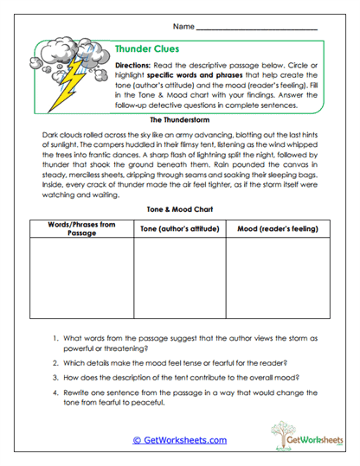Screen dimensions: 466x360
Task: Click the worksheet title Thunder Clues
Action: click(x=147, y=49)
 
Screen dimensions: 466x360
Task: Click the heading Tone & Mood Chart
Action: click(x=179, y=208)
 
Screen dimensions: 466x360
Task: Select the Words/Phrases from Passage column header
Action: click(x=81, y=228)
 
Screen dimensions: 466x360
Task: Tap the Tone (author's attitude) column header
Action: click(x=179, y=228)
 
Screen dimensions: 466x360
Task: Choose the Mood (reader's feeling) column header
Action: click(x=275, y=228)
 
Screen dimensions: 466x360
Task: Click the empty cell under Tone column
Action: click(x=179, y=280)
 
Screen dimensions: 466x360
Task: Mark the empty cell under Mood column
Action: click(x=275, y=280)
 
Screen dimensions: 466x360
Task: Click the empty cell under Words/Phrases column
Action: click(x=81, y=280)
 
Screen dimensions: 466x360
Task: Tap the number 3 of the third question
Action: click(x=54, y=378)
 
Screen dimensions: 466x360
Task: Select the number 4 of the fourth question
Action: click(x=54, y=393)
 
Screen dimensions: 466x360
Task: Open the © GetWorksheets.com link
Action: click(x=179, y=439)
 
